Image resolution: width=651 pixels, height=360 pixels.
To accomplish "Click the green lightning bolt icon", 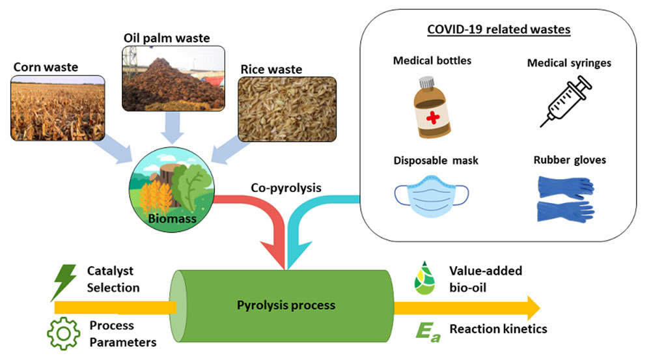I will (x=65, y=282).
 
